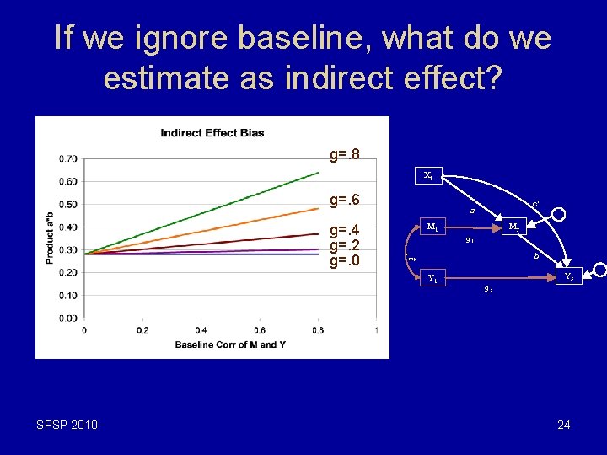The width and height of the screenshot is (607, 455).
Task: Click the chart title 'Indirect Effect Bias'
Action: tap(212, 132)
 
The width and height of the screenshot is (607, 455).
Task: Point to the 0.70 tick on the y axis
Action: tap(67, 158)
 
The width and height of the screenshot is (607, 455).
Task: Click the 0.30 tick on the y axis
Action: tap(67, 249)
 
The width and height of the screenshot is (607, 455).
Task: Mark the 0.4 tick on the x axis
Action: tap(201, 329)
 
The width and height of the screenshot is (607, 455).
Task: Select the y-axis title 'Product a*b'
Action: tap(50, 238)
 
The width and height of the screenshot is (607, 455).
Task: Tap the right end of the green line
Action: tap(318, 172)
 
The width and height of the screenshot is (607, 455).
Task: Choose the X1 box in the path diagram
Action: tap(428, 176)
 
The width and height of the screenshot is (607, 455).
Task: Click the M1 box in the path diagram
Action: tap(432, 227)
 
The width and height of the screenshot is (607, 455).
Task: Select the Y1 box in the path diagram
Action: tap(432, 277)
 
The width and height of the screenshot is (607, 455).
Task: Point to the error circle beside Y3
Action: tap(599, 270)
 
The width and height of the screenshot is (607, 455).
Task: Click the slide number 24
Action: tap(563, 425)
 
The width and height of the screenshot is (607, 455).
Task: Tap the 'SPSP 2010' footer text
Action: tap(67, 425)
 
